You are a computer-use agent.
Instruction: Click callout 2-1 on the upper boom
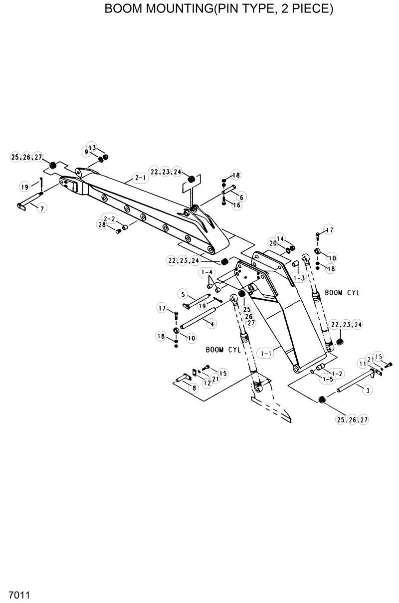140,177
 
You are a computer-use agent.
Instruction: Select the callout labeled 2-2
109,218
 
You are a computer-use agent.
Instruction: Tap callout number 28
102,225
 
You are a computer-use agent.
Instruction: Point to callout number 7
41,207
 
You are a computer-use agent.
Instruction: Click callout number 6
241,198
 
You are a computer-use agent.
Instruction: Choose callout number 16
237,205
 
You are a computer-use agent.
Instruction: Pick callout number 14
280,238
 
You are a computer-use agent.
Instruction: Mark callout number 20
272,243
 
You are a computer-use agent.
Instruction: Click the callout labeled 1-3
299,278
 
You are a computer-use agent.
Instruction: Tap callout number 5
183,294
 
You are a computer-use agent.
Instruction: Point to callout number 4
212,324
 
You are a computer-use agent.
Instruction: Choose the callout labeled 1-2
337,373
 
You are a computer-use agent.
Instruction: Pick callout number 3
368,391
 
